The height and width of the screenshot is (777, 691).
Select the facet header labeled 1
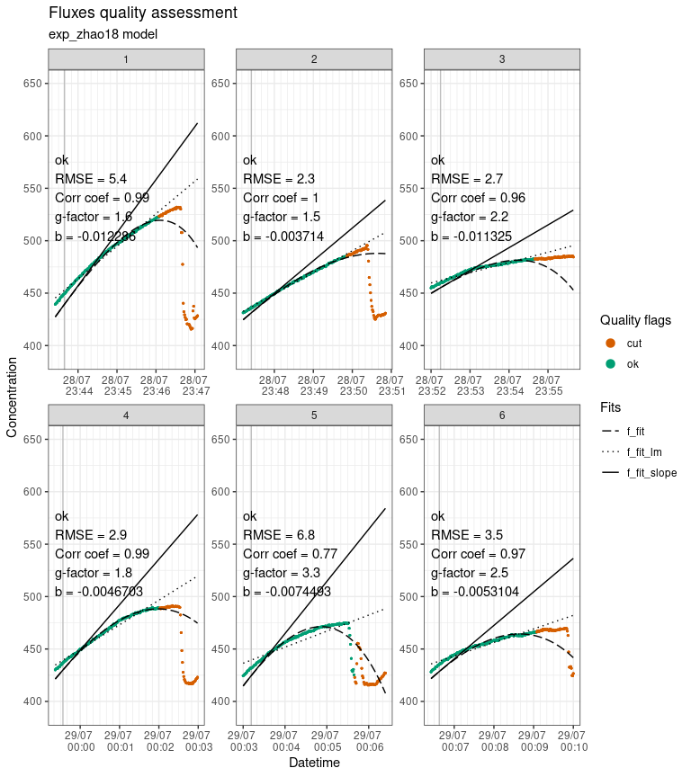126,58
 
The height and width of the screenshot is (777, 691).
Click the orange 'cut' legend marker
611,343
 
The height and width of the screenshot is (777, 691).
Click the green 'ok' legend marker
611,363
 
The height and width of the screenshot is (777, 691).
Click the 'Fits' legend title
611,407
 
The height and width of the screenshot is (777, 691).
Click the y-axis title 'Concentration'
12,396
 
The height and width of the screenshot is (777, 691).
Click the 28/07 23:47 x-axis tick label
193,385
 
